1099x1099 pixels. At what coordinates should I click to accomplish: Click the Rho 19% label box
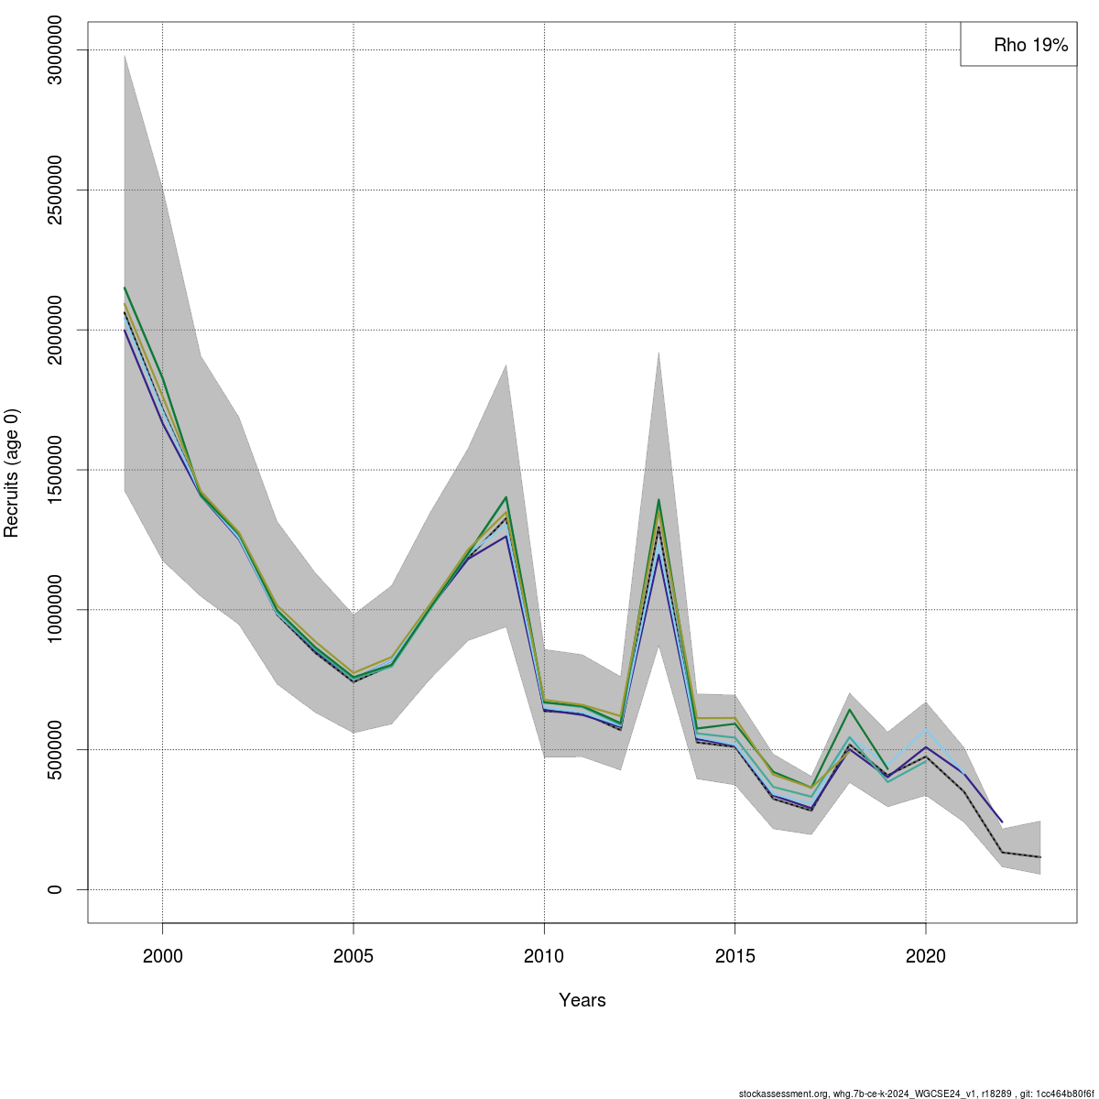click(1018, 44)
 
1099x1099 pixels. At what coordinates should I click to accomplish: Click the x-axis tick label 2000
click(163, 957)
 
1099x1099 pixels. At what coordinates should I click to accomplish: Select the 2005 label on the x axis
click(354, 957)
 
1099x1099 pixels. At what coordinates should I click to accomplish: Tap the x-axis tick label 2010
click(544, 957)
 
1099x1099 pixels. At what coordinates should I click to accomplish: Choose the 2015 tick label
click(734, 957)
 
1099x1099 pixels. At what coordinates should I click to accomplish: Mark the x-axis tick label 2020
click(925, 957)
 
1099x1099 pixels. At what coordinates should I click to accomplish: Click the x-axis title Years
click(582, 1000)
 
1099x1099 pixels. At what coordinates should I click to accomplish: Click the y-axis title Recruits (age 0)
click(13, 473)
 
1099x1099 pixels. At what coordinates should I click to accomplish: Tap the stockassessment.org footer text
click(916, 1093)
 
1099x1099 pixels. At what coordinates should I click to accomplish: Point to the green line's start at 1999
click(125, 288)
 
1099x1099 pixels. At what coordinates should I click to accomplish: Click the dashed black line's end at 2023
click(1039, 857)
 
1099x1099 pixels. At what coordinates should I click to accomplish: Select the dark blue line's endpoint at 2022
click(1002, 822)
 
